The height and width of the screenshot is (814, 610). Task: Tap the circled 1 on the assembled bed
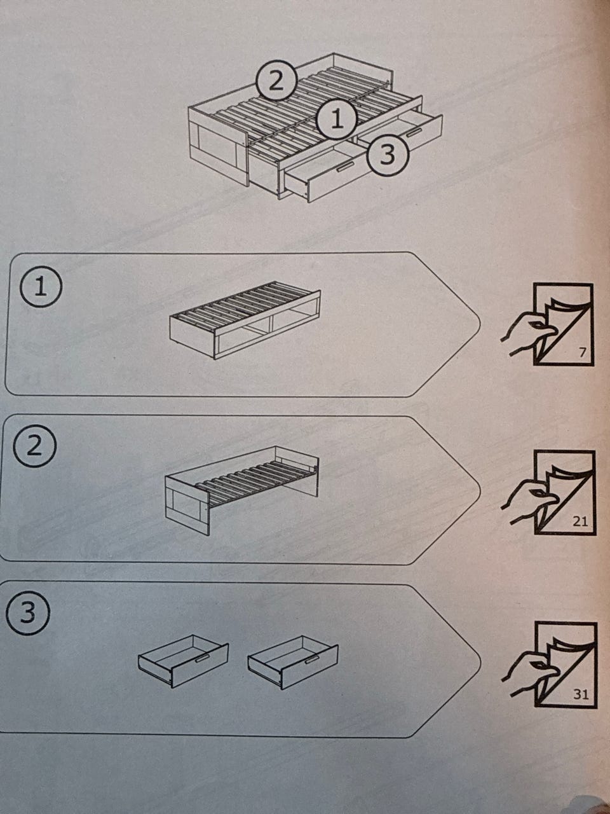click(x=336, y=120)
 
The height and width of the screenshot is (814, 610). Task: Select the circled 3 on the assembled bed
click(x=388, y=155)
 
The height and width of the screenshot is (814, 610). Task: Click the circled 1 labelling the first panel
click(x=41, y=288)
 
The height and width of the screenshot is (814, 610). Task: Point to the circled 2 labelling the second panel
click(x=34, y=446)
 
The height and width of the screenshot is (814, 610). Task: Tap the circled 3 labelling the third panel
click(x=28, y=612)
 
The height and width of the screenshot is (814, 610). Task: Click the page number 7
click(x=583, y=352)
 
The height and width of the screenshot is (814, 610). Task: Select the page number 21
click(x=579, y=522)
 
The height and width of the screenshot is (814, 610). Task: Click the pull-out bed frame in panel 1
click(x=245, y=320)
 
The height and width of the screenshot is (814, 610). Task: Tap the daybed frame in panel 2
click(x=241, y=490)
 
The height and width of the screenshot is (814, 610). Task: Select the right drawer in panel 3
click(x=292, y=662)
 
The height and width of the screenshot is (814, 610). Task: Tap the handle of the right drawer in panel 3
click(x=313, y=659)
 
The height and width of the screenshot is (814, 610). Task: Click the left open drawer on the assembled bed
click(x=326, y=174)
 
